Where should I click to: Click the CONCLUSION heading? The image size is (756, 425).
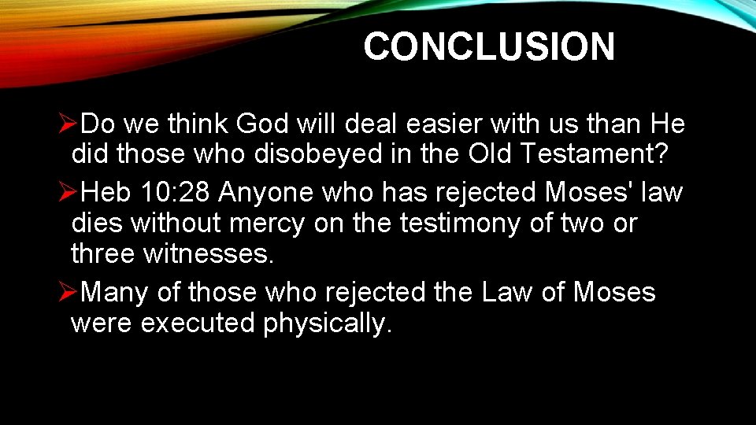coord(488,47)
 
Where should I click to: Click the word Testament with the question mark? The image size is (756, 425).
coord(598,155)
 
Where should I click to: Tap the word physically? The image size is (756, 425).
coord(327,323)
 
